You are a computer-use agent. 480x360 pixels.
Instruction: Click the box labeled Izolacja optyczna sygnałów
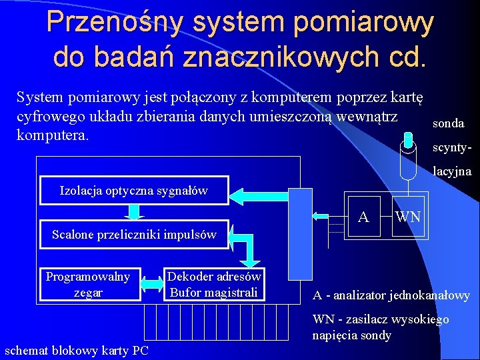pyautogui.click(x=134, y=191)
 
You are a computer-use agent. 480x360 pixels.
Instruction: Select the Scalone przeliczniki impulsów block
pyautogui.click(x=134, y=234)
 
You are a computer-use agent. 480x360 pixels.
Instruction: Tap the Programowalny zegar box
pyautogui.click(x=88, y=285)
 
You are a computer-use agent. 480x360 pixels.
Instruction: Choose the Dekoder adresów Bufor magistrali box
pyautogui.click(x=214, y=285)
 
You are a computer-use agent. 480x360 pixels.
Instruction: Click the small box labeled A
pyautogui.click(x=363, y=217)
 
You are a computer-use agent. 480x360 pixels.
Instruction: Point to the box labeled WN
pyautogui.click(x=407, y=217)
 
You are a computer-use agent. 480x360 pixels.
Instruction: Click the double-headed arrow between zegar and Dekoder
pyautogui.click(x=153, y=285)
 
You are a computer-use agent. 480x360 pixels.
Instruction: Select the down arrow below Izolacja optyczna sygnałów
pyautogui.click(x=135, y=211)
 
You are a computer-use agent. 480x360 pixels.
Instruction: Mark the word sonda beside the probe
pyautogui.click(x=449, y=124)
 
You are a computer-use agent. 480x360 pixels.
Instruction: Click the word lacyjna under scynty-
pyautogui.click(x=452, y=172)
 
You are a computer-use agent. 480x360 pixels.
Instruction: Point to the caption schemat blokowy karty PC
pyautogui.click(x=77, y=350)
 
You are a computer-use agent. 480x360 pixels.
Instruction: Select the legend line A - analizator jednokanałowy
pyautogui.click(x=392, y=295)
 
